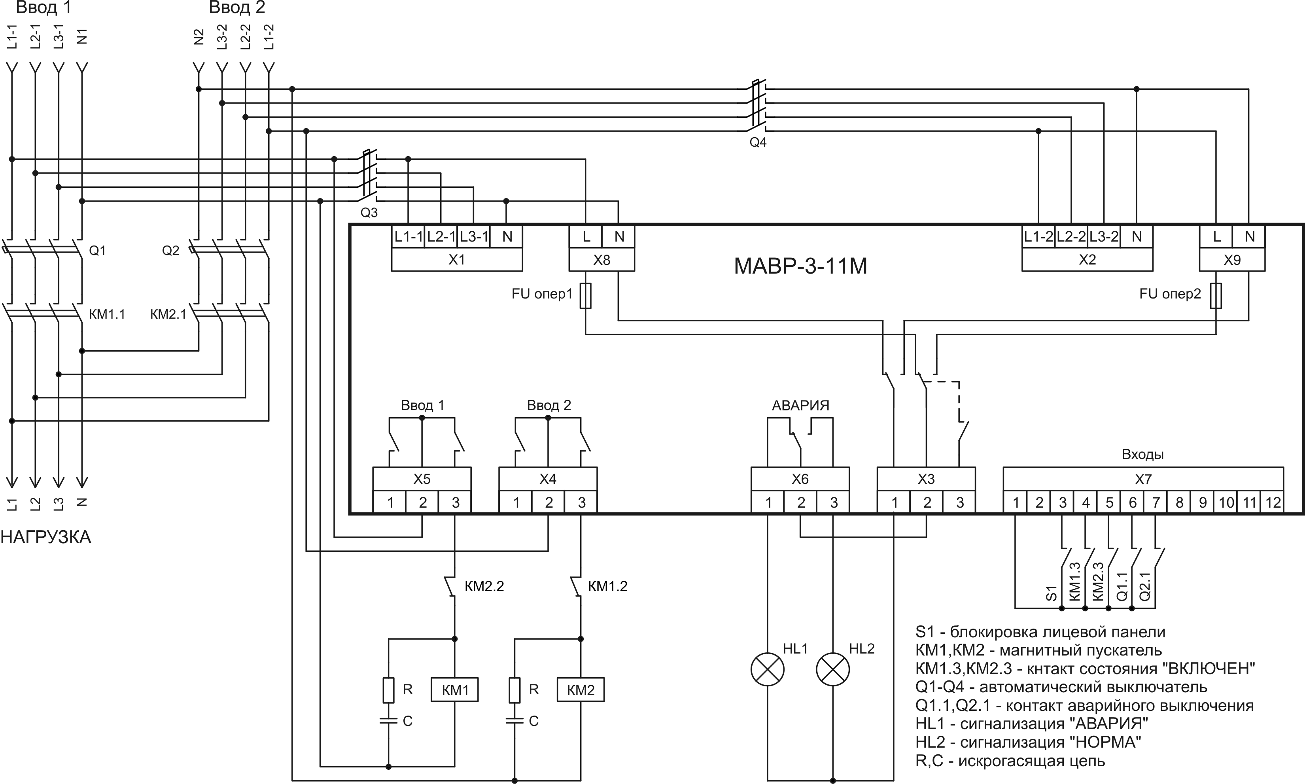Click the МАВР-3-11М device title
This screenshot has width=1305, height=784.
click(800, 266)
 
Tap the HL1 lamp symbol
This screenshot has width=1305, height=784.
click(767, 669)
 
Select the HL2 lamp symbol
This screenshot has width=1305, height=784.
click(833, 669)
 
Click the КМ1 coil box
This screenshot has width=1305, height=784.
click(454, 690)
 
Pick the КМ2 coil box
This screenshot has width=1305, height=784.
click(580, 690)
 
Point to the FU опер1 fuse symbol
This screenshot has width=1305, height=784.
click(585, 295)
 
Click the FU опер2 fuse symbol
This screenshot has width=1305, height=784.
click(1216, 295)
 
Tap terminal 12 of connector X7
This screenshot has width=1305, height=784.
click(1273, 503)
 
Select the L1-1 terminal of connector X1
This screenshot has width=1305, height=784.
click(408, 237)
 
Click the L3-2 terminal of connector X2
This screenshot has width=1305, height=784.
click(1104, 237)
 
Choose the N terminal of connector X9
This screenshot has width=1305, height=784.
click(1249, 237)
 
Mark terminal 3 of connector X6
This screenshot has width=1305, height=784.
click(833, 503)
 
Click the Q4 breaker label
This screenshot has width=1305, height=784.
click(758, 142)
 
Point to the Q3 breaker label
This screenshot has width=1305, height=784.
click(369, 212)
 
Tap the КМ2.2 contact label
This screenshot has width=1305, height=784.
click(484, 586)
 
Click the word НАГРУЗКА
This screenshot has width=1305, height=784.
click(46, 537)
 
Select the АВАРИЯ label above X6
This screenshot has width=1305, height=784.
click(800, 405)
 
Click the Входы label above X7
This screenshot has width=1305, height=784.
click(1142, 454)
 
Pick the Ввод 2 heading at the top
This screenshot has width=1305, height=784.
click(237, 8)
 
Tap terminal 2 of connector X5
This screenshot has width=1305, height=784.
click(422, 503)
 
